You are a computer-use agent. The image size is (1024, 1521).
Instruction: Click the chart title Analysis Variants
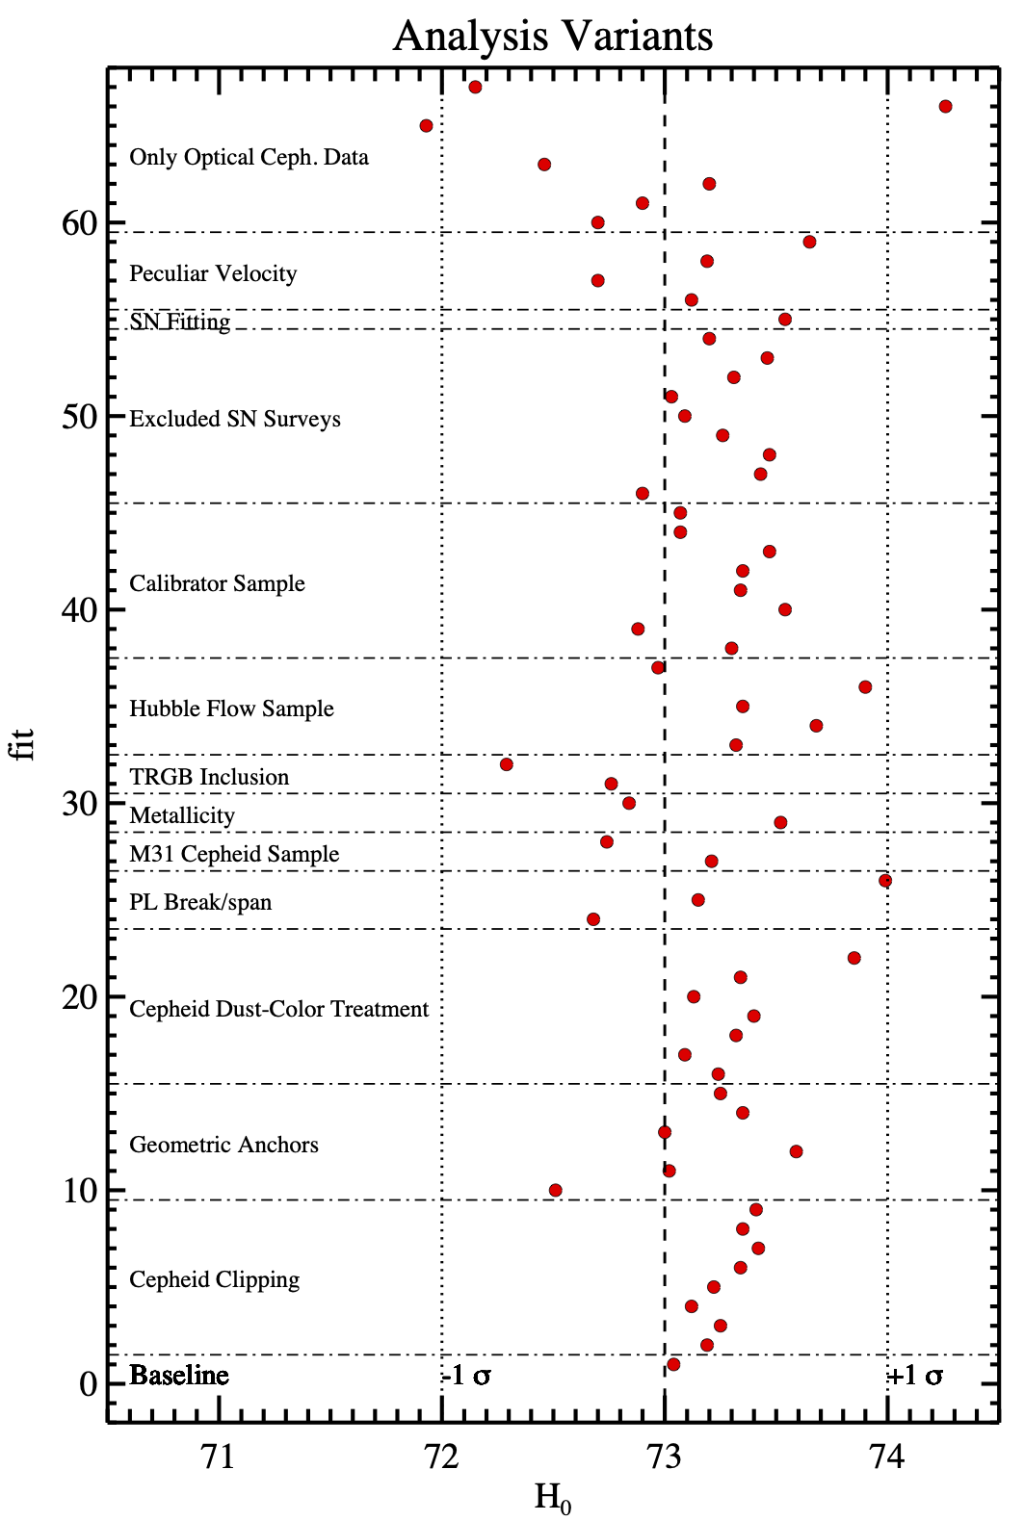pos(553,37)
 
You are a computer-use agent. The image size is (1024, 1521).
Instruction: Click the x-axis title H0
pos(552,1498)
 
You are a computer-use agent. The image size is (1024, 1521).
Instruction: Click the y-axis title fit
pos(23,743)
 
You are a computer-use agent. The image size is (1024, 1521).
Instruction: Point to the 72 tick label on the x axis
pos(441,1457)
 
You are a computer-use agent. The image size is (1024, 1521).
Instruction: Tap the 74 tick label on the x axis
pos(886,1457)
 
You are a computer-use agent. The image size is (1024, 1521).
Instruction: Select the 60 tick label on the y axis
pos(80,223)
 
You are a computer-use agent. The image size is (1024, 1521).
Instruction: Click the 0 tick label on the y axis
pos(89,1384)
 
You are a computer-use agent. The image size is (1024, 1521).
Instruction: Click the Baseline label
pos(179,1375)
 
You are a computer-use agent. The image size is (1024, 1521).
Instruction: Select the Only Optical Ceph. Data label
pos(249,157)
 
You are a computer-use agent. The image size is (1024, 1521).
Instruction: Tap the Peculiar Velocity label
pos(213,273)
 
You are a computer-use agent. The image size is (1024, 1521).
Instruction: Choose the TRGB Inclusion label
pos(209,777)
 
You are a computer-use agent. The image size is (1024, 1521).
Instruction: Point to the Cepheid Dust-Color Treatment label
pos(278,1009)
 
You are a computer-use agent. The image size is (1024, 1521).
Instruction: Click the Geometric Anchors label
pos(223,1145)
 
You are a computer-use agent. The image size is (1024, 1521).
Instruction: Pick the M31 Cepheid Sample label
pos(234,854)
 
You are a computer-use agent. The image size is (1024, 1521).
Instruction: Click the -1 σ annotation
pos(466,1376)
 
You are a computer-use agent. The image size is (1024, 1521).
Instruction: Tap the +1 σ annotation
pos(915,1376)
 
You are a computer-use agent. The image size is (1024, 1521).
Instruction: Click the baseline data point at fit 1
pos(673,1364)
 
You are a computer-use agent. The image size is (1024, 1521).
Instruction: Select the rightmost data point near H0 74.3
pos(945,106)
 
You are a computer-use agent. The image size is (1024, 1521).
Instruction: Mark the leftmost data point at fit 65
pos(426,125)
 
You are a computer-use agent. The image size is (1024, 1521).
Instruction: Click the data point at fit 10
pos(555,1190)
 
